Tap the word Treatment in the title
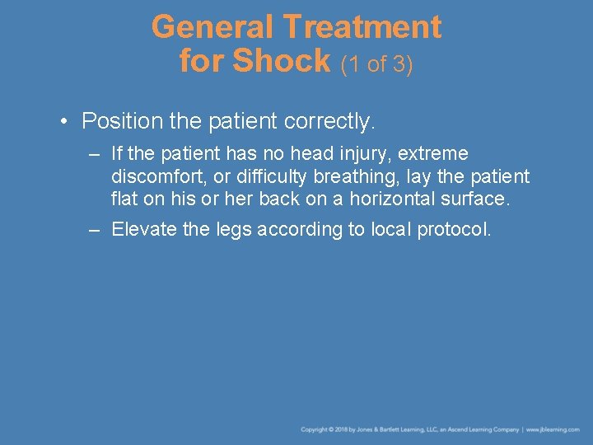click(362, 27)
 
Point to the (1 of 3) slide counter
click(376, 63)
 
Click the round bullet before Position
click(63, 122)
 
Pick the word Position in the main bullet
click(122, 122)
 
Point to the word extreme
click(433, 154)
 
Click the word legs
click(233, 229)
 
